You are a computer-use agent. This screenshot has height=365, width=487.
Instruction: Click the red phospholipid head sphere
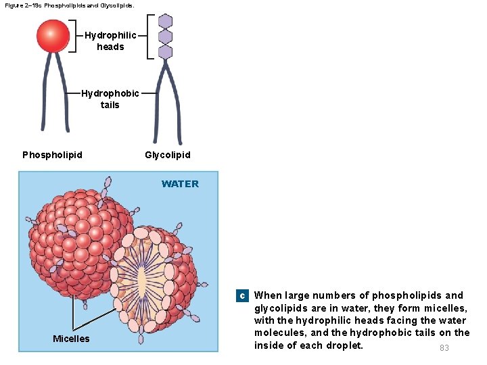click(53, 36)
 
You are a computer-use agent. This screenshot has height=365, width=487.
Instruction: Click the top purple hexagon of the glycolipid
click(165, 21)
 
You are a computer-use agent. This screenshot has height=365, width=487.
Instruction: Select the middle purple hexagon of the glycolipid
click(165, 36)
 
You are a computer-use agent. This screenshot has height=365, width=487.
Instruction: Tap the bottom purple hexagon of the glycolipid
click(165, 51)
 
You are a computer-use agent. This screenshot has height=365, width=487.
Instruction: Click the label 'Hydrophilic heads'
click(110, 41)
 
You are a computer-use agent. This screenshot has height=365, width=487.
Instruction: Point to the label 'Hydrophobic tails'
click(110, 99)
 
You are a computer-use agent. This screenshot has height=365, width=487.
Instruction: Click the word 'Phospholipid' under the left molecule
click(53, 155)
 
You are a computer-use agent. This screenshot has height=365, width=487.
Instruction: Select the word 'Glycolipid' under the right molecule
click(168, 155)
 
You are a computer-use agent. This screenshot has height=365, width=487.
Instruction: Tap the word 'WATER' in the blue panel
click(180, 184)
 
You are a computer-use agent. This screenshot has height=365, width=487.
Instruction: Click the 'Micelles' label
click(71, 339)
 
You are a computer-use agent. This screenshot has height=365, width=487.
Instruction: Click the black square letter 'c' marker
click(241, 296)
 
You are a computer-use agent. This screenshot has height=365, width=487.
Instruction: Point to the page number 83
click(444, 348)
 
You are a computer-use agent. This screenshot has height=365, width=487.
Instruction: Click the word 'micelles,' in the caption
click(443, 308)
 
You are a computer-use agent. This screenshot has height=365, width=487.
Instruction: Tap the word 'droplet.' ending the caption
click(343, 345)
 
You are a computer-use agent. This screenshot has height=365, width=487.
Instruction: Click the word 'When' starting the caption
click(268, 295)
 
